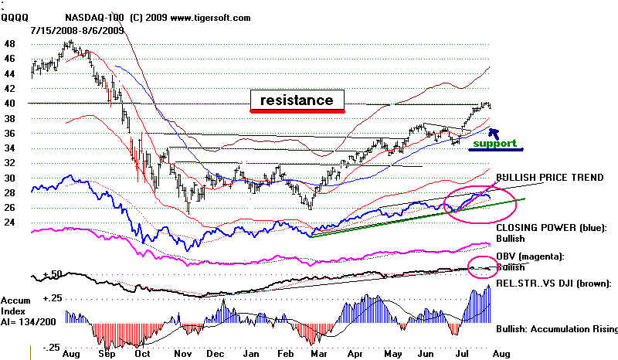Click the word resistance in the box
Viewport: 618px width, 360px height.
pos(297,100)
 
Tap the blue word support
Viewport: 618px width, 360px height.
pos(494,144)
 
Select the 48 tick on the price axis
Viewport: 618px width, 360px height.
pos(11,44)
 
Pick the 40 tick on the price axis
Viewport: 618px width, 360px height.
pos(11,104)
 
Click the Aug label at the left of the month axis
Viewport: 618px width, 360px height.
pos(72,353)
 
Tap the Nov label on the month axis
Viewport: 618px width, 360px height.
pos(183,353)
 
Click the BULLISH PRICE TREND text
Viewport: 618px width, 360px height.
pos(549,178)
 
